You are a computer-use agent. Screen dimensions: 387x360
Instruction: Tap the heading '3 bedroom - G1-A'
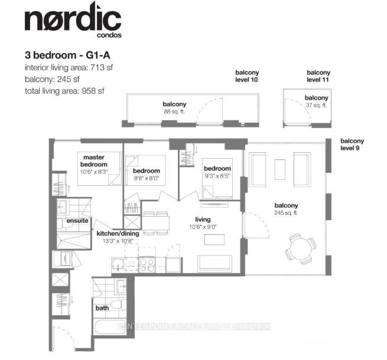tap(67, 55)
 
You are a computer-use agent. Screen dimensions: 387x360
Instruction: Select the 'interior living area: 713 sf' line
tap(69, 67)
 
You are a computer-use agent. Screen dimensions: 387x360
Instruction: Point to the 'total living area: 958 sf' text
tap(64, 91)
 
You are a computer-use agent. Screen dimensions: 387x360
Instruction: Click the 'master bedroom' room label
tap(94, 161)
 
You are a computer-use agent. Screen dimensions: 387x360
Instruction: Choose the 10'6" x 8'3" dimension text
tap(94, 172)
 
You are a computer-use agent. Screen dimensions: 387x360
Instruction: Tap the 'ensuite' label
tap(77, 221)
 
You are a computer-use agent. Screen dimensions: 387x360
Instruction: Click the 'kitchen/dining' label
tap(118, 233)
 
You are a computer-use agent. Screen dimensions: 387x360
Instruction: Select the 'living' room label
tap(203, 220)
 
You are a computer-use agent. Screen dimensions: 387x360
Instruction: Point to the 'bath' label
tap(102, 307)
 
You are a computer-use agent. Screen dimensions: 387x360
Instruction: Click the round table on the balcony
tap(300, 249)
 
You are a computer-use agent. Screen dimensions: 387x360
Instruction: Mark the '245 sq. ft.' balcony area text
tap(286, 213)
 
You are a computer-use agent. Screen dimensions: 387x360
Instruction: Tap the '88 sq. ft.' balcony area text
tap(174, 112)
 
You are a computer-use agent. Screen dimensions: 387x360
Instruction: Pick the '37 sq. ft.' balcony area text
tap(316, 105)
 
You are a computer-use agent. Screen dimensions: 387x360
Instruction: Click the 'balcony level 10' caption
tap(247, 76)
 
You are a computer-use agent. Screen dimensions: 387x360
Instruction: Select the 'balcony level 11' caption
tap(318, 76)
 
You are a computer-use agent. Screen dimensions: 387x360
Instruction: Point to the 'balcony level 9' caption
tap(352, 144)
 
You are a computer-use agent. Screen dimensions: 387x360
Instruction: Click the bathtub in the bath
tap(110, 326)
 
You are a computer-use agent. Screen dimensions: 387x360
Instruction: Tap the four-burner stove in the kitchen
tap(147, 265)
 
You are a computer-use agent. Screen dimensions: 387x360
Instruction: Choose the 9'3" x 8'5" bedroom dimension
tap(217, 176)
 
